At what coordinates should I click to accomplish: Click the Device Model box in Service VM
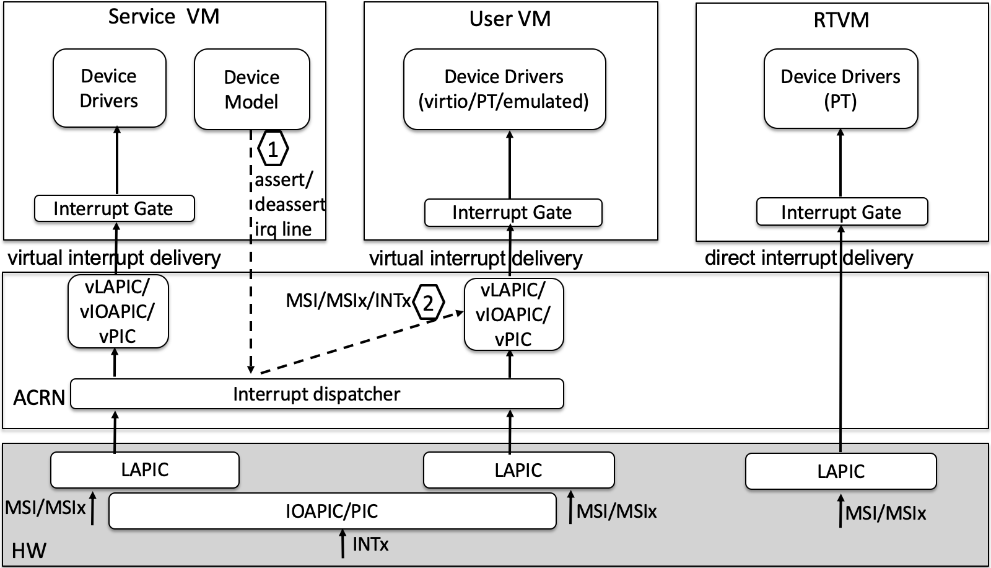pos(251,89)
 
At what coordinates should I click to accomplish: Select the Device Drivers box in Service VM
pos(109,88)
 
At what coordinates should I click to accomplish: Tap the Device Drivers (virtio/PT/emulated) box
pos(504,89)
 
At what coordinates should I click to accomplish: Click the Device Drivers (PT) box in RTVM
pos(840,89)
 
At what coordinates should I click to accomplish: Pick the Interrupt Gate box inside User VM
pos(513,213)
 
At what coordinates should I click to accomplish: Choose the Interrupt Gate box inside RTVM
pos(842,212)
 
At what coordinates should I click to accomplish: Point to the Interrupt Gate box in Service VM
pos(114,208)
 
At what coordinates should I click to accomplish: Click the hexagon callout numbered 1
pos(273,149)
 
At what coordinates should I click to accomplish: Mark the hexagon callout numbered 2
pos(429,303)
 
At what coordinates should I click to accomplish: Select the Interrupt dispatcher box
pos(317,394)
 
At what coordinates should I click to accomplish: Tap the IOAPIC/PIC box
pos(332,511)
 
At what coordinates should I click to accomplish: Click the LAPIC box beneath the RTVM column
pos(840,471)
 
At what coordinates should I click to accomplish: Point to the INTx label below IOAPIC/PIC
pos(370,544)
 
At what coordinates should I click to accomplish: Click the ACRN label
pos(39,397)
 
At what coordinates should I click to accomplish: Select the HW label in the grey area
pos(29,551)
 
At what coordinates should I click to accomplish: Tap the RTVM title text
pos(841,20)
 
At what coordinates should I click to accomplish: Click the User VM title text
pos(510,19)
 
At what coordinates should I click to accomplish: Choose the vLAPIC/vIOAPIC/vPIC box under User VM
pos(513,314)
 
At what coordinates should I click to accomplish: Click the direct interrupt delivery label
pos(809,258)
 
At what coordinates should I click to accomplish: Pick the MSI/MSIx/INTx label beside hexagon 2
pos(348,301)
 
